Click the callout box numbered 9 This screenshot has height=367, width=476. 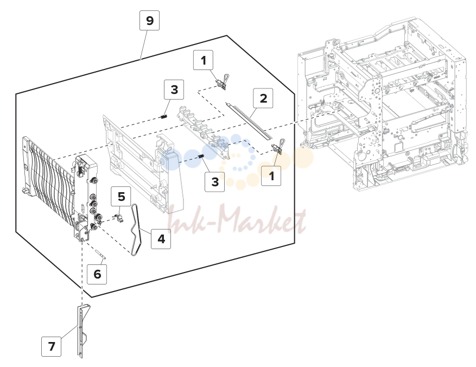[149, 20]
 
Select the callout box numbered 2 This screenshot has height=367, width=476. [263, 98]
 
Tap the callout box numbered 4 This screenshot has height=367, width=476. [161, 238]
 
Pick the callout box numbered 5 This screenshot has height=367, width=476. [121, 197]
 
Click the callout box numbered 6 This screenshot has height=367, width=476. [97, 274]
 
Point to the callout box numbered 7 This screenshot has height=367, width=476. [52, 346]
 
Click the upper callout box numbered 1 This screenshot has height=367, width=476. [203, 60]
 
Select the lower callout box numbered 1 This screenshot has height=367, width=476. [271, 176]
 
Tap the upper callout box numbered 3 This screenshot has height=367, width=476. [174, 90]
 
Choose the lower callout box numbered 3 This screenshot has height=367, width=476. [214, 182]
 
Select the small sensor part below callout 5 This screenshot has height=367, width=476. [119, 218]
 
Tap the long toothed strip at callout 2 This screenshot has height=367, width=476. [247, 121]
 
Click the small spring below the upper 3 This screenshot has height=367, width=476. [164, 117]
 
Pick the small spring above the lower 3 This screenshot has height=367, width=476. [201, 156]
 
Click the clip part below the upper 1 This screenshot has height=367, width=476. [222, 83]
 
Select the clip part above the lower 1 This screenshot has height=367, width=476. [278, 147]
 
